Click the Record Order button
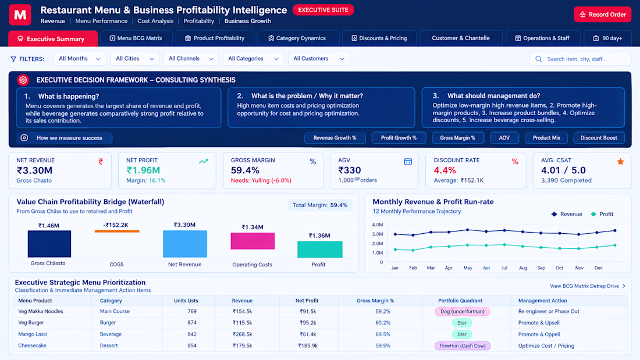[x=602, y=15]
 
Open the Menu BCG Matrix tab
[x=136, y=38]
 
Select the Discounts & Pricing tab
[x=379, y=38]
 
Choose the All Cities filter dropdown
[x=135, y=59]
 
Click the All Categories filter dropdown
[x=253, y=59]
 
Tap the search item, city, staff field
[x=580, y=59]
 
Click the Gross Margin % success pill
[x=457, y=138]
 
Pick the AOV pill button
[x=504, y=138]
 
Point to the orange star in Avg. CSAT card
[x=620, y=162]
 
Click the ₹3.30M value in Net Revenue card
[x=34, y=170]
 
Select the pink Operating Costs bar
[x=253, y=241]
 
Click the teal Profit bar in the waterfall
[x=319, y=249]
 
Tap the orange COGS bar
[x=117, y=231]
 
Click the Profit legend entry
[x=602, y=214]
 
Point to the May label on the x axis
[x=468, y=268]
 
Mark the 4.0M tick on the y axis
[x=378, y=225]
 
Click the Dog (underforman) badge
[x=462, y=311]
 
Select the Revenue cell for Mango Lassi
[x=242, y=334]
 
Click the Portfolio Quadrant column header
[x=460, y=301]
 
